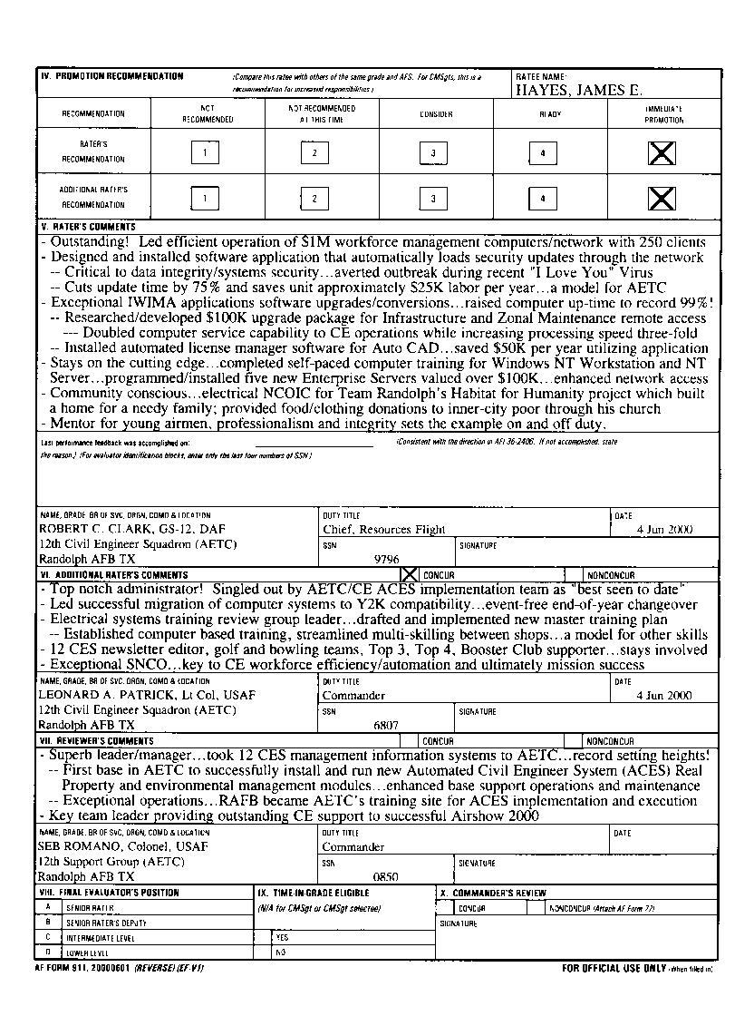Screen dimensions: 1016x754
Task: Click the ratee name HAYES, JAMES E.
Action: click(x=579, y=91)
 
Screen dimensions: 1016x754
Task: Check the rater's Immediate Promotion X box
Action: click(x=662, y=152)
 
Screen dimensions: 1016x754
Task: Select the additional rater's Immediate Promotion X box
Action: click(x=662, y=198)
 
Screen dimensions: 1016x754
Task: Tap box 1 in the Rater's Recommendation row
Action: click(x=206, y=152)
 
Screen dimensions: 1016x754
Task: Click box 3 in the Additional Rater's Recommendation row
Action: click(x=433, y=198)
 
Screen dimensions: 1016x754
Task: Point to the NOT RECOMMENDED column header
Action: click(x=208, y=113)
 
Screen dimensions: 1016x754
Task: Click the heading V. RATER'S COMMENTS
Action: click(x=89, y=227)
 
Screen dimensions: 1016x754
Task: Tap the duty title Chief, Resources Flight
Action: click(x=384, y=529)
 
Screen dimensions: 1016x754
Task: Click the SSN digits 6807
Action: click(x=386, y=726)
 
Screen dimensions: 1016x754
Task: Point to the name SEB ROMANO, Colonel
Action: click(x=122, y=846)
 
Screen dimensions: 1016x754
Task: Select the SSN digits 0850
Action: click(x=386, y=877)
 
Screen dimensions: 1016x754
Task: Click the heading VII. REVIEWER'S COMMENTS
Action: click(x=95, y=741)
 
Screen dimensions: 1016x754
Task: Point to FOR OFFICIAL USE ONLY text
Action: click(x=614, y=968)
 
